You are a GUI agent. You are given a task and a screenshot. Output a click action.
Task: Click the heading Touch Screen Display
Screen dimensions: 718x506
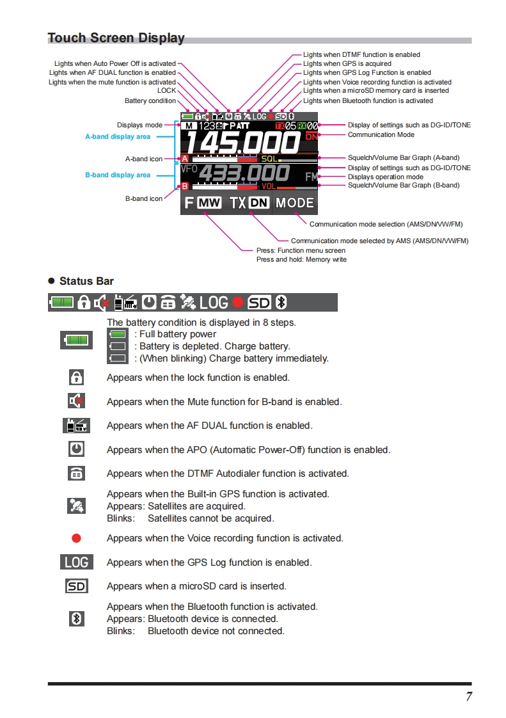tap(116, 38)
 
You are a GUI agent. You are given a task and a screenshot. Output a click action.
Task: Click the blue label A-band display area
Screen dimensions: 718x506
tap(118, 136)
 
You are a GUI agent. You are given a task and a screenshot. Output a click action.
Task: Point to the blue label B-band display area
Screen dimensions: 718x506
tap(118, 175)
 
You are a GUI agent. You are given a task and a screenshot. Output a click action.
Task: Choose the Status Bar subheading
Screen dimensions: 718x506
tap(86, 281)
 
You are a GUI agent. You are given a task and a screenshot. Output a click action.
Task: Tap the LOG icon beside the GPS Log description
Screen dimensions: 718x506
tap(76, 562)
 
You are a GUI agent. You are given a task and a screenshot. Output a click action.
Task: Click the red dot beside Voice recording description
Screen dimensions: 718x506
tap(76, 538)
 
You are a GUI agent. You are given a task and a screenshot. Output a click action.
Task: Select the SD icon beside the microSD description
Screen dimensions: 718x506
tap(76, 586)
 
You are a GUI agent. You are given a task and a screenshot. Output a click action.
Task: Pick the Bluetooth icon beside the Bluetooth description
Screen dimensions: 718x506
tap(76, 618)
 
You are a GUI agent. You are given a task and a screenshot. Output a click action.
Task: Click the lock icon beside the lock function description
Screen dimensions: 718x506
tap(76, 378)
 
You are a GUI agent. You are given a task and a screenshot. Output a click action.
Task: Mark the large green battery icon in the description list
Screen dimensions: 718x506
tap(76, 340)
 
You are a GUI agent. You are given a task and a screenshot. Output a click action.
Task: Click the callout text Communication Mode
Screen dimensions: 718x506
tap(381, 135)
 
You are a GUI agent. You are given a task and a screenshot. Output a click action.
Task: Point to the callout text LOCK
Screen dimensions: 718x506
tap(166, 91)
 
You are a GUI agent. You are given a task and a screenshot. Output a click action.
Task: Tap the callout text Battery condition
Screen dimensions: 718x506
tap(150, 100)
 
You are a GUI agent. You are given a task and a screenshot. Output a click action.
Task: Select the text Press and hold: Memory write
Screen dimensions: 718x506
tap(301, 260)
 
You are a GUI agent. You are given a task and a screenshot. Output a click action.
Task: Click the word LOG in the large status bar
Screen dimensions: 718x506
tap(214, 302)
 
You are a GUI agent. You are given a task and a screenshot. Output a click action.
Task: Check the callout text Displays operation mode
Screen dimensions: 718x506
tap(385, 177)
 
